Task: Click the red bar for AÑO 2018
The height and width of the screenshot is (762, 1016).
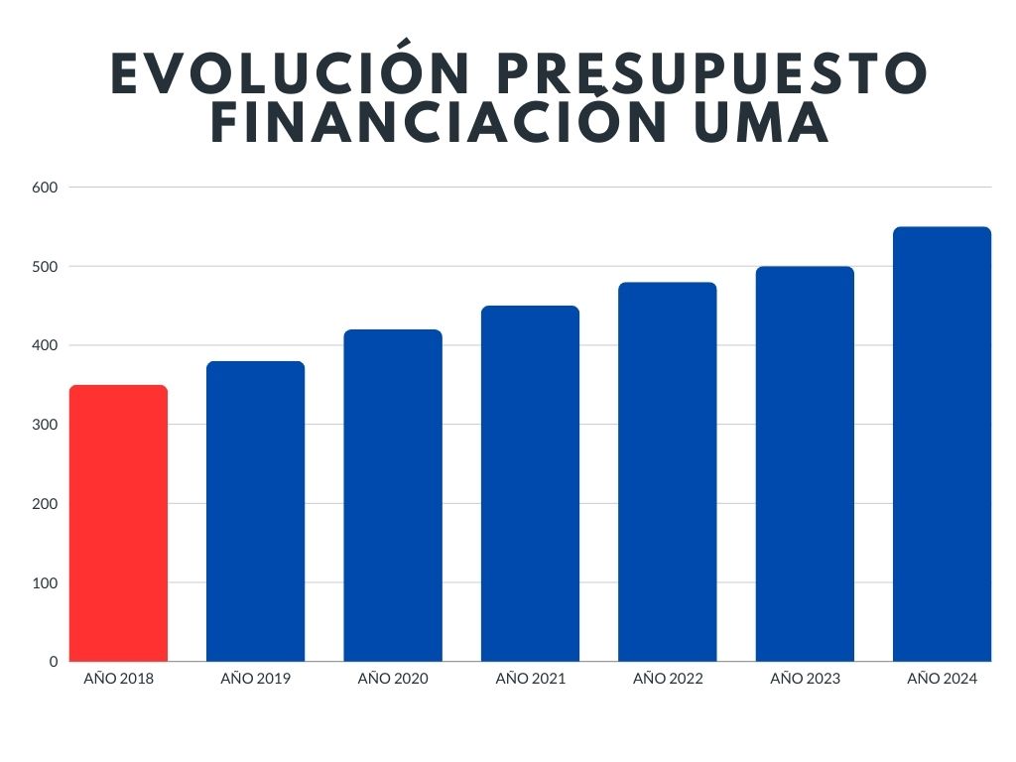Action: (119, 523)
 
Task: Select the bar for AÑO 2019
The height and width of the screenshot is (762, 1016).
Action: (256, 511)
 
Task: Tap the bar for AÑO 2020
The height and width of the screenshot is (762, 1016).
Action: (393, 495)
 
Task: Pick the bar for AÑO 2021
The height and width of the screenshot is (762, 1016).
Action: (530, 483)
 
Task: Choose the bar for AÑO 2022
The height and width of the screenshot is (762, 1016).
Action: (667, 471)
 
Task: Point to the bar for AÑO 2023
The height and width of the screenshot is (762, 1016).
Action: (805, 463)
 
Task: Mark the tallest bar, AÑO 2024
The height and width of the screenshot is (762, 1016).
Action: (942, 444)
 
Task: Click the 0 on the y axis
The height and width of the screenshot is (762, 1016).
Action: (54, 662)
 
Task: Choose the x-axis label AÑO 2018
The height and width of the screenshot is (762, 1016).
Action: (119, 680)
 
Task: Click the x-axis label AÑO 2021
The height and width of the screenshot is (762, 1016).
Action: (530, 680)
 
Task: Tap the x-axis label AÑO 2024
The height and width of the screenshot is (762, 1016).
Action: (942, 680)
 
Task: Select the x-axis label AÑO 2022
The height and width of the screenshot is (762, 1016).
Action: (667, 680)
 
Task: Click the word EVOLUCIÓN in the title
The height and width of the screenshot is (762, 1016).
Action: (288, 73)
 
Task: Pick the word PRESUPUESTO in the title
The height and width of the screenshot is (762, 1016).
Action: (710, 73)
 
